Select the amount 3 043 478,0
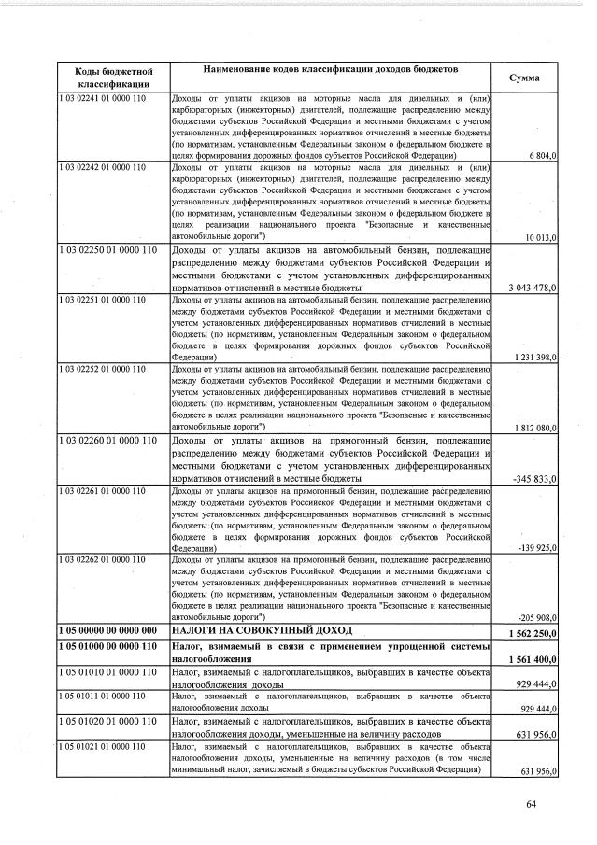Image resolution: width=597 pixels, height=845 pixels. coord(533,288)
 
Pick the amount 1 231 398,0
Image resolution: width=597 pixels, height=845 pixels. coord(535,358)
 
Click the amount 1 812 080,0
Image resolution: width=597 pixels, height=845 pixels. coord(535,428)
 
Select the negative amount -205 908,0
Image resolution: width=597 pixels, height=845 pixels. coord(537,618)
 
